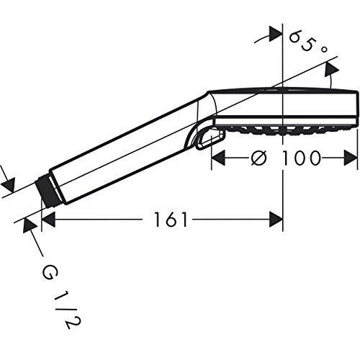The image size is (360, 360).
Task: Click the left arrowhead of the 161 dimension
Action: click(50, 220)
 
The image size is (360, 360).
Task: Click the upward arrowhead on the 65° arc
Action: click(331, 67)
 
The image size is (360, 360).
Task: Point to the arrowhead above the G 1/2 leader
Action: click(31, 224)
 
